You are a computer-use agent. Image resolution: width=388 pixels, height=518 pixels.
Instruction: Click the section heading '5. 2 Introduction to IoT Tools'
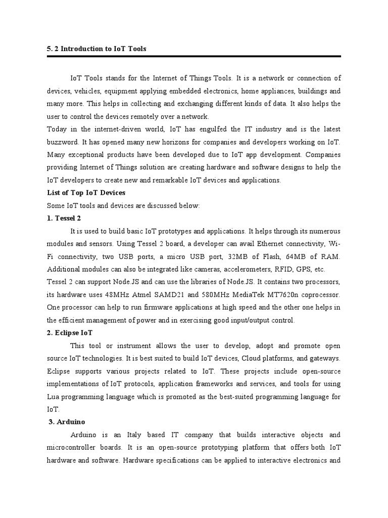[96, 49]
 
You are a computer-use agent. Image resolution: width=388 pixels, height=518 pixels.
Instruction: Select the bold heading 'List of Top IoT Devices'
[86, 193]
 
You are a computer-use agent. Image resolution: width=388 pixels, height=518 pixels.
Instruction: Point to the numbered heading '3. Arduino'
[66, 422]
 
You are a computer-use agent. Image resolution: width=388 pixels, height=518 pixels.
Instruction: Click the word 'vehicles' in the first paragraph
[88, 91]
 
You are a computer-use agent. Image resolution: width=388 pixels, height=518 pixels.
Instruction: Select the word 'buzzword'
[62, 142]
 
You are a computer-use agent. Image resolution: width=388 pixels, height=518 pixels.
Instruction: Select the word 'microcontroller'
[74, 448]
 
